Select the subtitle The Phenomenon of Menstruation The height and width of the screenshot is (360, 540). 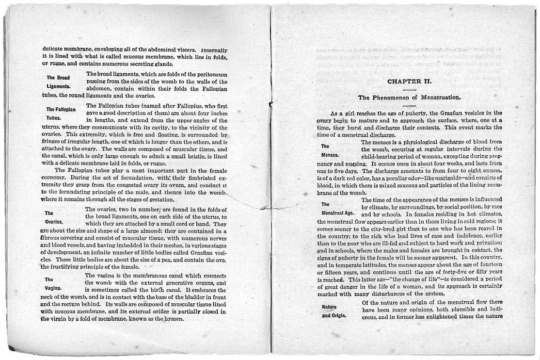(409, 98)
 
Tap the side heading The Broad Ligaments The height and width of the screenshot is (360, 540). (58, 82)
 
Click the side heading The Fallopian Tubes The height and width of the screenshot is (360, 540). (61, 114)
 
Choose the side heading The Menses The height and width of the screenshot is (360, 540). (329, 150)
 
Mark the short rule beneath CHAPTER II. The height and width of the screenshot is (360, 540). (409, 89)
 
